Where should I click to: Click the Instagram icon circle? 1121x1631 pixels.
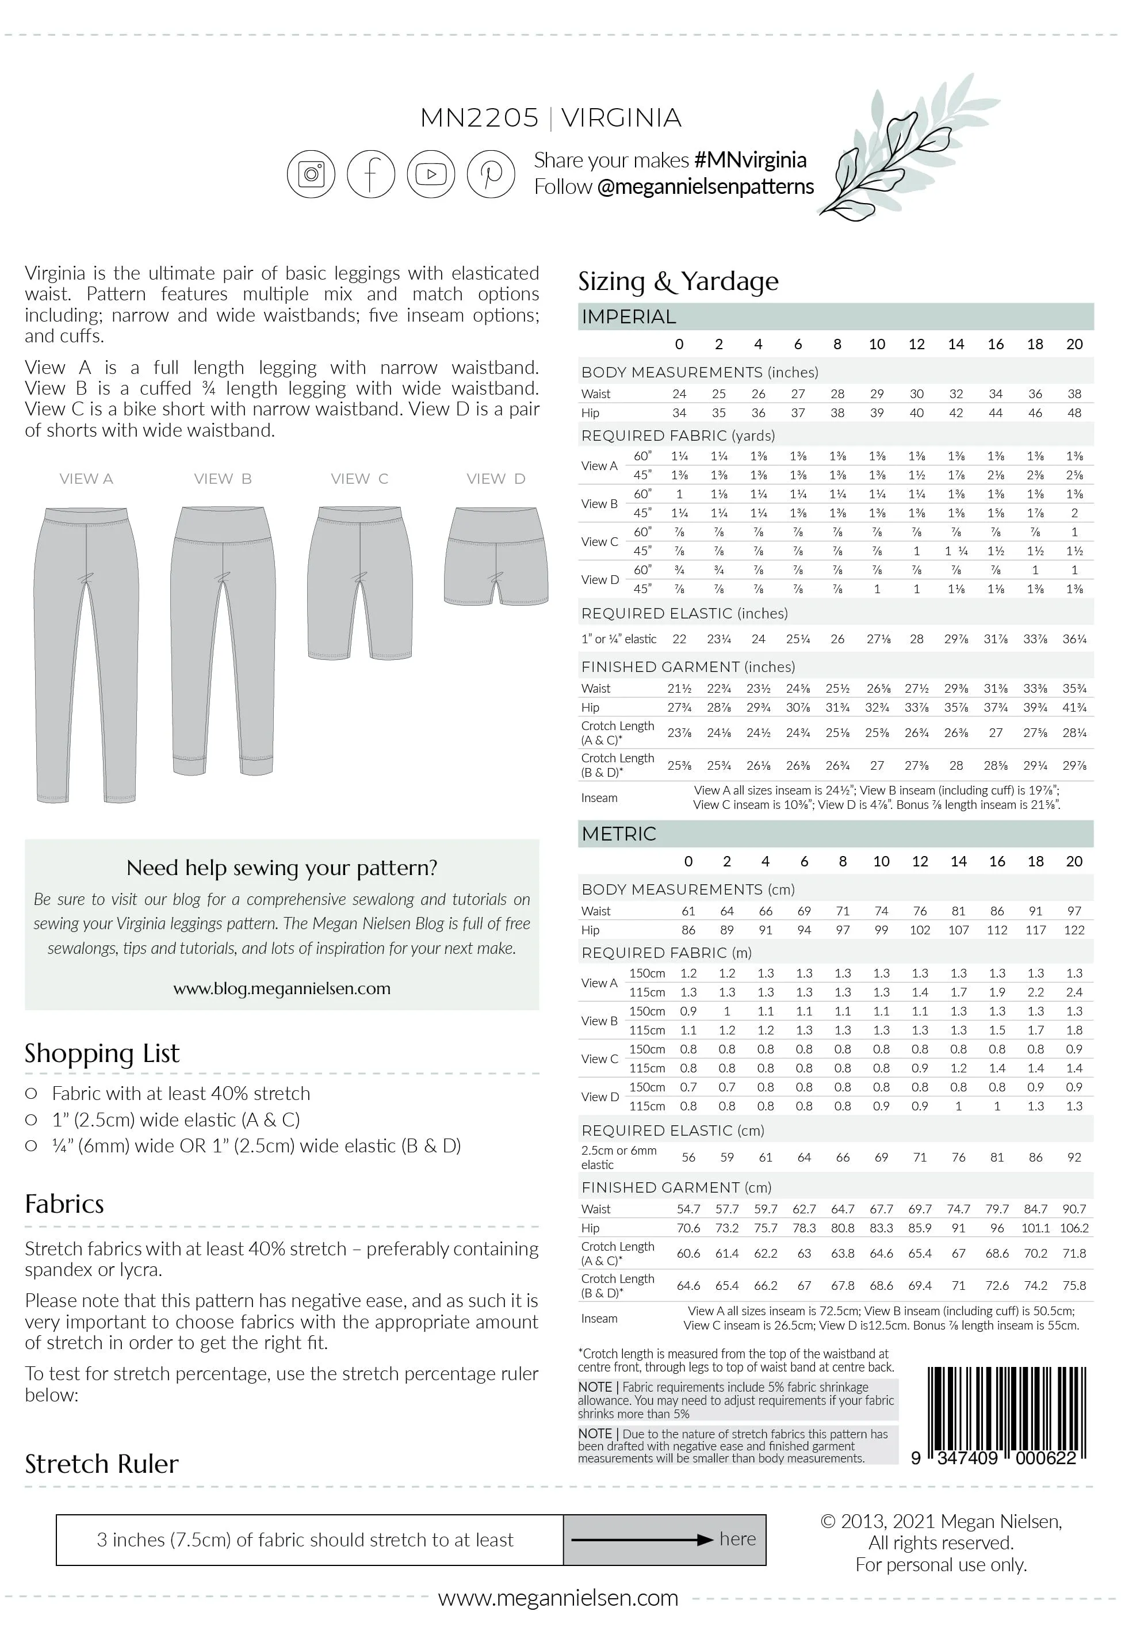point(311,174)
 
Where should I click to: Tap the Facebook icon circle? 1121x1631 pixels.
point(371,174)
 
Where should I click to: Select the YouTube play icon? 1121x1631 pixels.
point(431,174)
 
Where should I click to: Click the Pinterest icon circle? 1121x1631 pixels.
point(491,174)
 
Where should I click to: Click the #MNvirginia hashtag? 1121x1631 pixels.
point(749,160)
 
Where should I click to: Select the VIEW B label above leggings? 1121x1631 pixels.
point(223,479)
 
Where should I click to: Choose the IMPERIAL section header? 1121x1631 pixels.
point(629,317)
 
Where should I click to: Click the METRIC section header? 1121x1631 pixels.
point(619,834)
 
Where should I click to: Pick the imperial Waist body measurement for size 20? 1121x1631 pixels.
point(1074,394)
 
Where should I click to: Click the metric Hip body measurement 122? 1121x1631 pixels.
point(1074,930)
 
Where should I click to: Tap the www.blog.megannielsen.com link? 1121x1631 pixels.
point(282,988)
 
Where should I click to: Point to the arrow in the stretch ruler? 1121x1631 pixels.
point(642,1540)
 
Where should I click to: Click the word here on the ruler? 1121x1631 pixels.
point(737,1538)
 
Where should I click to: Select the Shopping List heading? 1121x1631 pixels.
point(102,1053)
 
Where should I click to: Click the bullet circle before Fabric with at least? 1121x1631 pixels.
point(31,1094)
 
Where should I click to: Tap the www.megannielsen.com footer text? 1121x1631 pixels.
point(558,1598)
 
